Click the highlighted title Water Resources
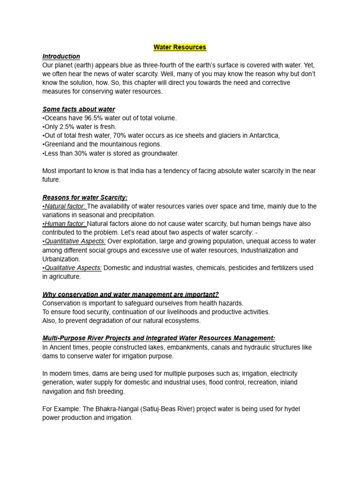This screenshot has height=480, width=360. point(180,47)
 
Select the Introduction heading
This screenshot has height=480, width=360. point(61,56)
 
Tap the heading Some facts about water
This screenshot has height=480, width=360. point(79,109)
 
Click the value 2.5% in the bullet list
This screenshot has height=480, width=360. point(70,127)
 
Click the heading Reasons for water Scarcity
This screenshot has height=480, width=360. point(85,197)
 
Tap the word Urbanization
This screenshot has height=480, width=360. point(61,259)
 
